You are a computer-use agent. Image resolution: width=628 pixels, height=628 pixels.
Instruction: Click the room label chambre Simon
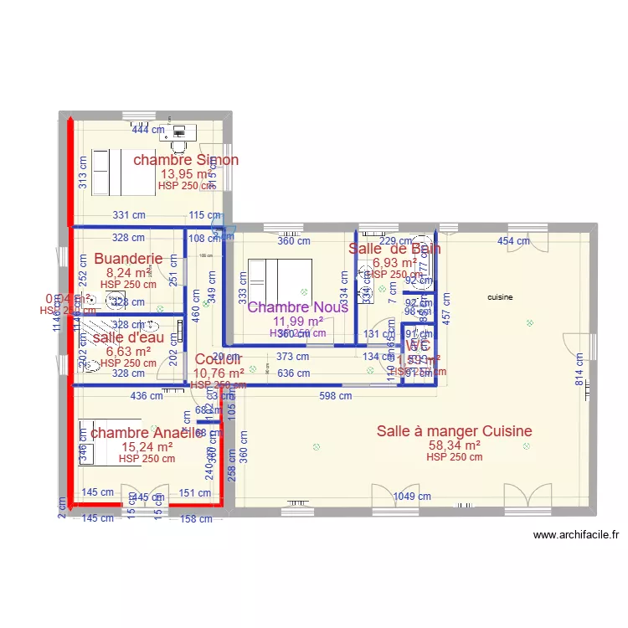click(186, 160)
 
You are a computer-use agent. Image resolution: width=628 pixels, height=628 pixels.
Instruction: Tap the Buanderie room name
click(128, 259)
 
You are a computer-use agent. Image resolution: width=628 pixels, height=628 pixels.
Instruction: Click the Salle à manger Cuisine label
click(454, 431)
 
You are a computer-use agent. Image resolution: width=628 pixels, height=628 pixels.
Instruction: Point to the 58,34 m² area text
click(454, 445)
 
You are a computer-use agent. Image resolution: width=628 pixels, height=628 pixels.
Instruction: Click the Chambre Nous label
click(297, 307)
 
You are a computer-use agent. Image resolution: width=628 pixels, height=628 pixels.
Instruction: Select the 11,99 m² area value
click(297, 321)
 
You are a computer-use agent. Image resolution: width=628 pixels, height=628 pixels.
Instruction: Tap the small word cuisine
click(501, 297)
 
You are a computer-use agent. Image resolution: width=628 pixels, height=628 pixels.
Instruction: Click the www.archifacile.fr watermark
click(575, 536)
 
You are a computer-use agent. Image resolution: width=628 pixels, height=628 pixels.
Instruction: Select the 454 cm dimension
click(514, 241)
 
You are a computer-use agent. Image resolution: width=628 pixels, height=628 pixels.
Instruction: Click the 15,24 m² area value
click(147, 446)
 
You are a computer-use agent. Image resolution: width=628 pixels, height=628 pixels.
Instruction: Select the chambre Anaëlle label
click(147, 432)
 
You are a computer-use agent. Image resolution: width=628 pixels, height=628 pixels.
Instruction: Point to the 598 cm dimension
click(335, 397)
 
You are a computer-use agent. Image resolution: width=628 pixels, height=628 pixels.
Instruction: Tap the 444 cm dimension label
click(146, 130)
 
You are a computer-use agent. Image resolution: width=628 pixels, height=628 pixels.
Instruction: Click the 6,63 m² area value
click(128, 352)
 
